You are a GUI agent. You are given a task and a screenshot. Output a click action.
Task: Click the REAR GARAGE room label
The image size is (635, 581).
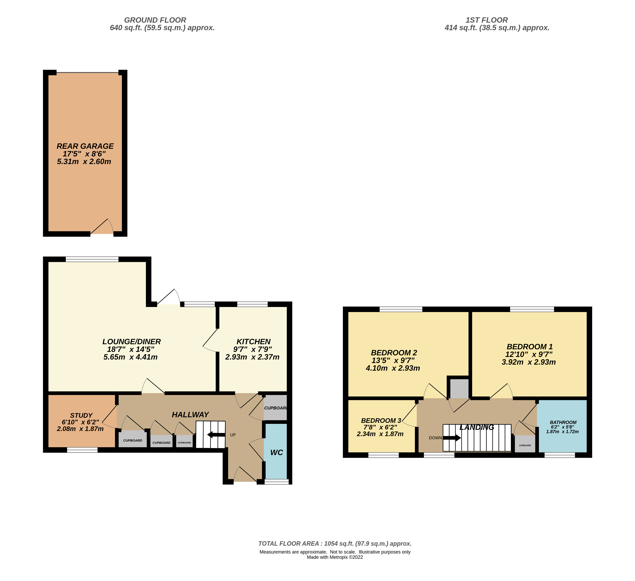tap(85, 146)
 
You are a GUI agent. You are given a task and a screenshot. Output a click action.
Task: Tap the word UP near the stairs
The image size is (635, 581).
tap(233, 435)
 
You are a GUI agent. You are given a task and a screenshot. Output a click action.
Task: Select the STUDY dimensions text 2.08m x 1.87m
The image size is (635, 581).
tap(80, 429)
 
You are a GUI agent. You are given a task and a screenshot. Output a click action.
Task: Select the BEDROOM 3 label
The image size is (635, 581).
tap(381, 421)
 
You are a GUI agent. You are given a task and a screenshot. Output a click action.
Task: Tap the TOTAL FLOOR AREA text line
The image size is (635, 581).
tap(335, 544)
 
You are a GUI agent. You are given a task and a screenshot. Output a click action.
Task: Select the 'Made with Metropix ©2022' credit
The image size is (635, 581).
tap(335, 557)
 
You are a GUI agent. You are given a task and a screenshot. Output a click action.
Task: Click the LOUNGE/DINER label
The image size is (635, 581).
tap(132, 342)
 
